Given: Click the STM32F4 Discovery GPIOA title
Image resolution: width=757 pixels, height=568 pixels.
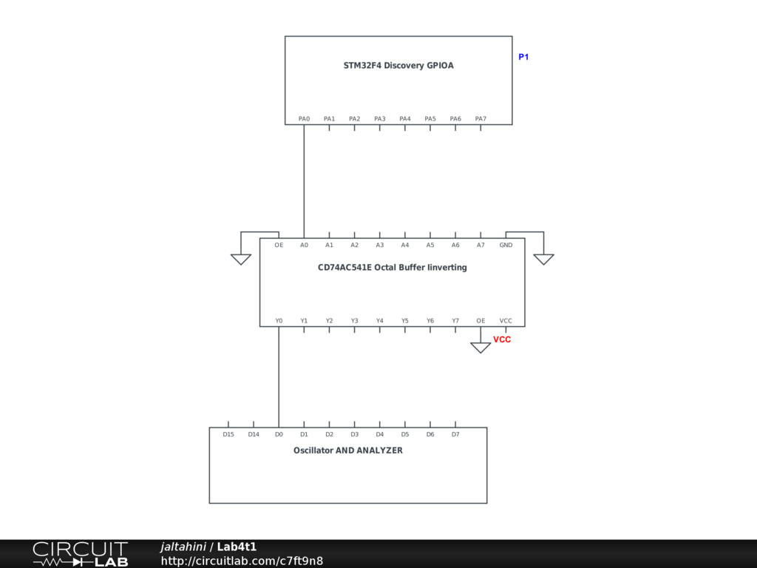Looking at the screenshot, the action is [x=398, y=66].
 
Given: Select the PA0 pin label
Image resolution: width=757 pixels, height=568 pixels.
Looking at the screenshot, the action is [x=304, y=119].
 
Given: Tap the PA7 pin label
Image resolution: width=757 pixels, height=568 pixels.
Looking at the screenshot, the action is [x=481, y=119].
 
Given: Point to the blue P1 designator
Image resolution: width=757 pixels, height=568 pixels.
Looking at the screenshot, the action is [x=523, y=57].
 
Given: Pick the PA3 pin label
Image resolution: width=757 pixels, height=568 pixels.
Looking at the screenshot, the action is [x=379, y=119].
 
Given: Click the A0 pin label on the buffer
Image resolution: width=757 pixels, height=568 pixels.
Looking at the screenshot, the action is [x=304, y=245].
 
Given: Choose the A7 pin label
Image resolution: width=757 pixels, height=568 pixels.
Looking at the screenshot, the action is [x=481, y=245].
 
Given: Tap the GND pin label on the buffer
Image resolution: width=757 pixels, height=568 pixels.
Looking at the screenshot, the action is [x=506, y=245].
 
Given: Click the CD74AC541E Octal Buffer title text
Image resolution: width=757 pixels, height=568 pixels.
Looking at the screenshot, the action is [x=392, y=268].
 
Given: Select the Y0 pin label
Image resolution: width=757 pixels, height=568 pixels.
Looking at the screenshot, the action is [x=279, y=321].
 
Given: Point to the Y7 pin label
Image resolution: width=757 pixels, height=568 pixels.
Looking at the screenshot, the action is [x=455, y=321].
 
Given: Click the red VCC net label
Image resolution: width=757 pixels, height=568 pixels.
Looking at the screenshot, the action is [x=502, y=340].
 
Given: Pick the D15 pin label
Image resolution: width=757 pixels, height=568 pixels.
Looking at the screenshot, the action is [x=228, y=435].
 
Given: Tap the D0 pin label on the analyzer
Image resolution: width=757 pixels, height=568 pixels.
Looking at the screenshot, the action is [x=279, y=435].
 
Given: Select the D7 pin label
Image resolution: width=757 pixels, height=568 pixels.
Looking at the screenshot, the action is [x=455, y=435].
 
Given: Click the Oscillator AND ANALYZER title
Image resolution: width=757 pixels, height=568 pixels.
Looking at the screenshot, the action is [x=347, y=450].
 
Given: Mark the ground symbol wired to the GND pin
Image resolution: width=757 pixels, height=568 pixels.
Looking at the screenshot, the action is [x=543, y=259].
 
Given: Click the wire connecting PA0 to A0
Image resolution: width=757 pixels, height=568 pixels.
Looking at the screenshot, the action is [x=304, y=181].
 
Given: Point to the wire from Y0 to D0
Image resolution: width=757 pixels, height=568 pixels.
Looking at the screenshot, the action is [x=279, y=377].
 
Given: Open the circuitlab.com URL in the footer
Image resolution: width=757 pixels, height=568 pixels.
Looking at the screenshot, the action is [x=242, y=561].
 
